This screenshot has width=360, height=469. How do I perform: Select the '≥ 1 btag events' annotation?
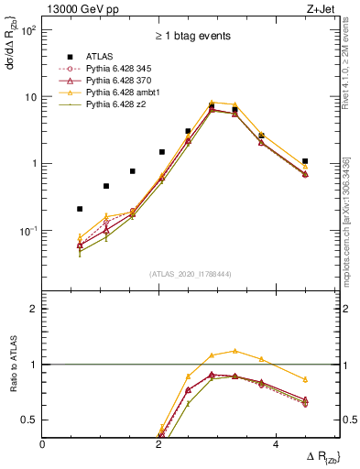192,36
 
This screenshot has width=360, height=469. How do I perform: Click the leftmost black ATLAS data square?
80,209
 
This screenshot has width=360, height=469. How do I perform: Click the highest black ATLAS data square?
212,106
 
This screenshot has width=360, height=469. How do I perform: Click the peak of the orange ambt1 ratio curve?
235,350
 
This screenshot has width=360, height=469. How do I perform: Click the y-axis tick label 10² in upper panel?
29,30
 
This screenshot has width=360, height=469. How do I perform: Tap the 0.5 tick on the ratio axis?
29,420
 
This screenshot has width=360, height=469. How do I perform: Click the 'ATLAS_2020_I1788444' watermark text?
191,273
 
